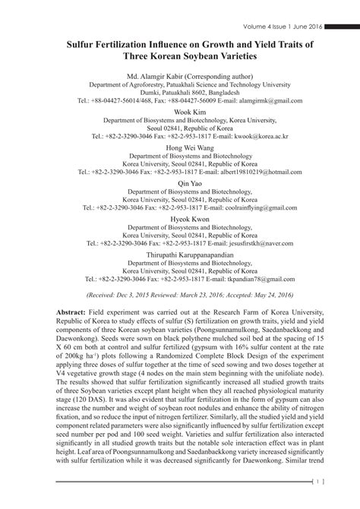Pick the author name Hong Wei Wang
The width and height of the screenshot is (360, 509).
(179, 147)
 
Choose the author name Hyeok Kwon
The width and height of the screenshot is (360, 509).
(179, 217)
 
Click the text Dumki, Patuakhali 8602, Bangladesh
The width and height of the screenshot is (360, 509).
(180, 92)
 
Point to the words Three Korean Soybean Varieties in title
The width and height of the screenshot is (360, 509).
(180, 58)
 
